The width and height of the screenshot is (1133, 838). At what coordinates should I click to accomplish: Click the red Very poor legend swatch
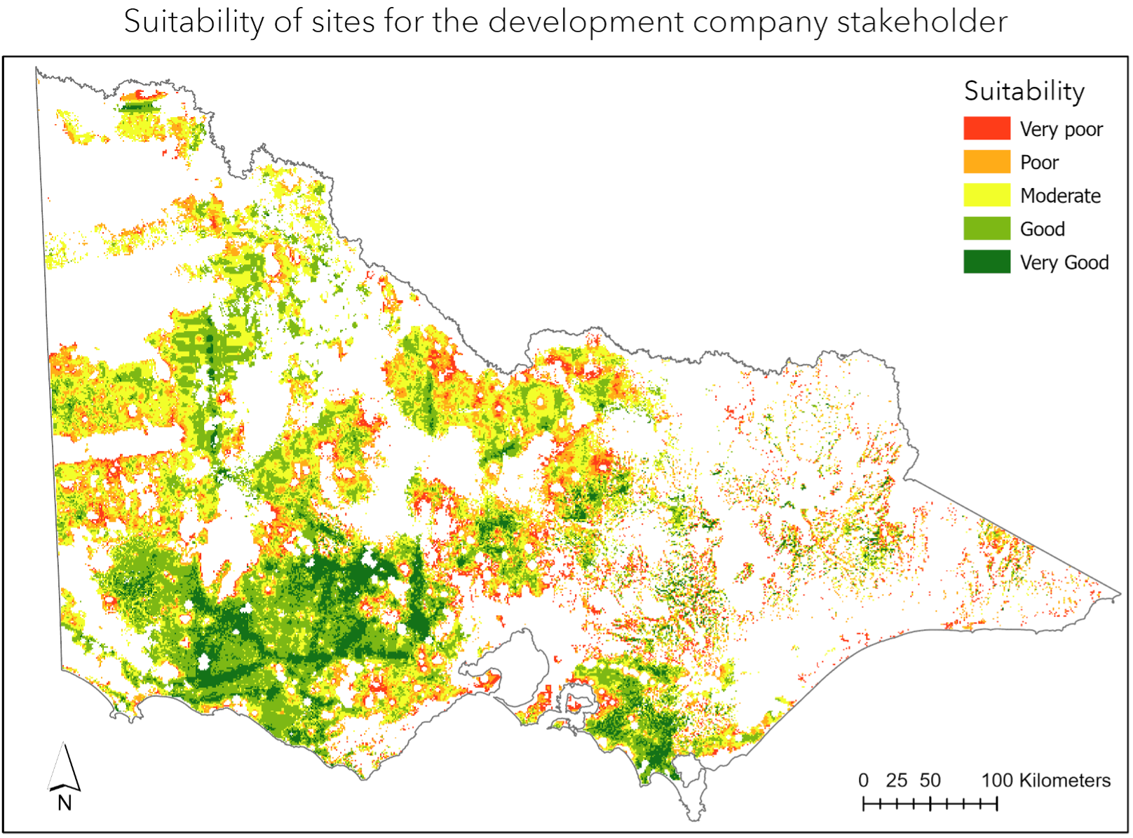pos(986,128)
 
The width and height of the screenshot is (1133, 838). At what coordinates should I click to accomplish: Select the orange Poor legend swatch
pos(986,162)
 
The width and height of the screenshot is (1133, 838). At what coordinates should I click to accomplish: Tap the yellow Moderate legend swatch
pos(986,195)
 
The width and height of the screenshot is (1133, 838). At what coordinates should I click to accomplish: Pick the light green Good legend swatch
pos(986,229)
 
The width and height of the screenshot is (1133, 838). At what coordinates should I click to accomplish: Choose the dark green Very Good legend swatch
pos(986,262)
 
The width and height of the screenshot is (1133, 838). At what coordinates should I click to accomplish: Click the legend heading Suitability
pos(1024,91)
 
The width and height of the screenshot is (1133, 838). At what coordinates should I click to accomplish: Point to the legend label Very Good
pos(1064,262)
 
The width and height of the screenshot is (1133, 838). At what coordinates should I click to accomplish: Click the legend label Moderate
pos(1060,196)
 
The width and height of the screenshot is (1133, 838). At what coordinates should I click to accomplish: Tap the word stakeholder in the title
pos(922,22)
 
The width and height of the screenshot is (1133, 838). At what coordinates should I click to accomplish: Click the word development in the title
pos(585,22)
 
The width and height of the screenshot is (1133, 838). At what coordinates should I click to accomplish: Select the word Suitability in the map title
pos(194,22)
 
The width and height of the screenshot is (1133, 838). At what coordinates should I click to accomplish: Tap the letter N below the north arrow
pos(65,803)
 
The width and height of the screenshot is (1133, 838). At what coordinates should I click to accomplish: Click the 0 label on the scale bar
pos(863,780)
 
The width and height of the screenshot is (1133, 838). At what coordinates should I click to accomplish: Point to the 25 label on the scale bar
pos(896,780)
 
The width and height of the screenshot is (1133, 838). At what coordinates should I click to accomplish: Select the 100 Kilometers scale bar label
pos(1045,780)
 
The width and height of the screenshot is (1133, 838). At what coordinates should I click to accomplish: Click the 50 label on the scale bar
pos(930,780)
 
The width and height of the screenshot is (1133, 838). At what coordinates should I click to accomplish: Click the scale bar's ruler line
pos(930,804)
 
